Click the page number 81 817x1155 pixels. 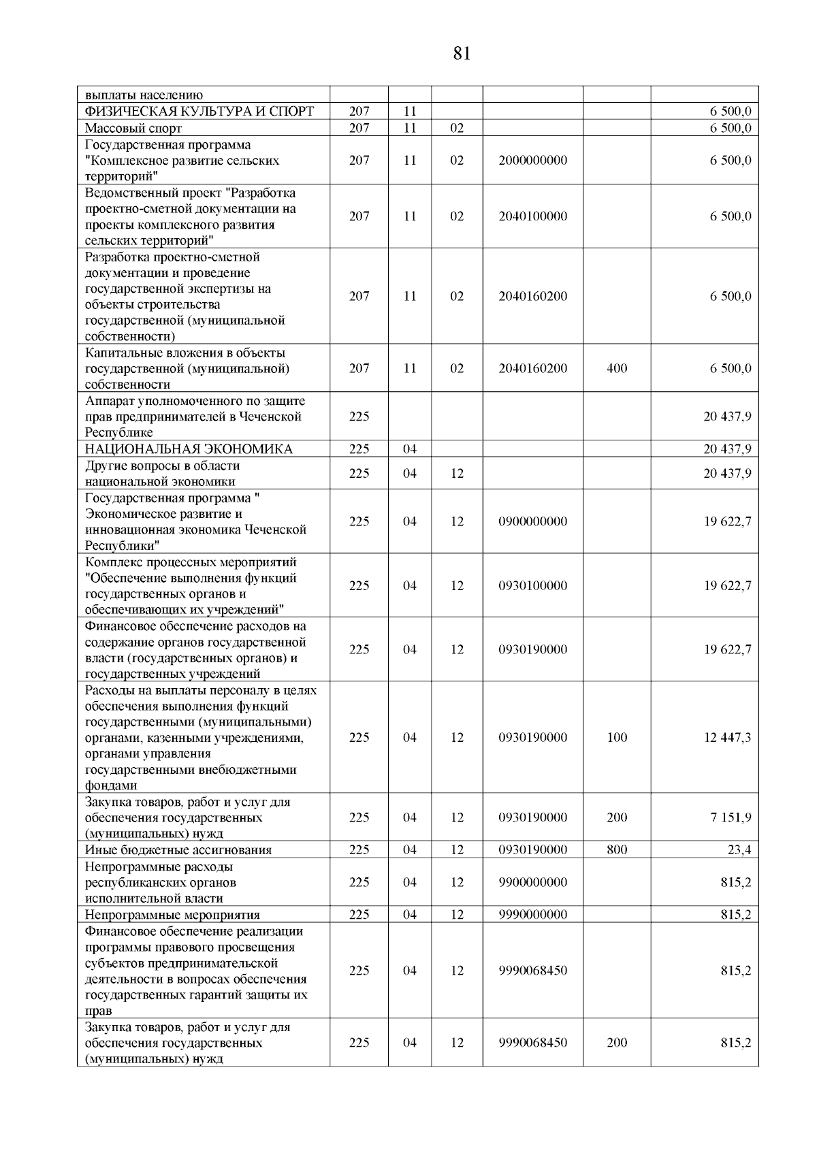pos(461,54)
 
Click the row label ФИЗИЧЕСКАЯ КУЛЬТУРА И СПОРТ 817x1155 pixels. pos(199,112)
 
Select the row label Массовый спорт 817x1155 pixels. pos(133,128)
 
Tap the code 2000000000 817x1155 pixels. pos(532,161)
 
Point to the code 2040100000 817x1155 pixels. pos(532,216)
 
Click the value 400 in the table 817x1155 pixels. pos(617,368)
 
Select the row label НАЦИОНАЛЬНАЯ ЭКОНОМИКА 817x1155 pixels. pos(189,449)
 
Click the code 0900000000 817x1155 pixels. pos(532,521)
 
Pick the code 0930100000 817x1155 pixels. pos(532,585)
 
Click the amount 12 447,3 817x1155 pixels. pos(727,738)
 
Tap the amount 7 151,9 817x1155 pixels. pos(731,817)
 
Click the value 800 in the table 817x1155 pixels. pos(617,850)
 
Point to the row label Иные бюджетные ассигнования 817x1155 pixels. pos(178,850)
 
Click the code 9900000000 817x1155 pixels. pos(532,882)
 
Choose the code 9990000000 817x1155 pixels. pos(532,915)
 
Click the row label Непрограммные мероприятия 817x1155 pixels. pos(172,915)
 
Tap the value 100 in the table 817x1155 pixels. pos(617,738)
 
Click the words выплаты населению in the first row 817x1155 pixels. pos(144,95)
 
